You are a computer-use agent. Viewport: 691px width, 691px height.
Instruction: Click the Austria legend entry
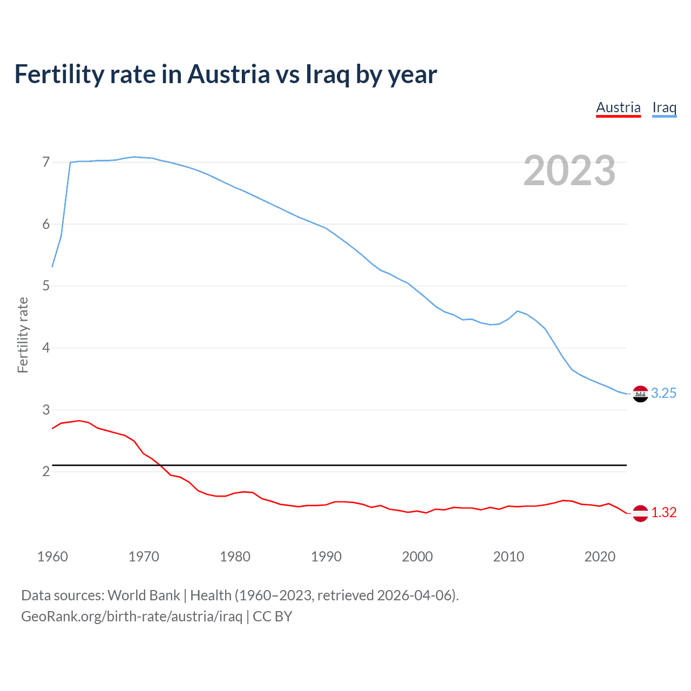(x=618, y=107)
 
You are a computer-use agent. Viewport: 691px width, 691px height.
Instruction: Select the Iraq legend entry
(x=664, y=107)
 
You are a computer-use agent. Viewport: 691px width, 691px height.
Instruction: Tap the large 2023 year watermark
(x=569, y=171)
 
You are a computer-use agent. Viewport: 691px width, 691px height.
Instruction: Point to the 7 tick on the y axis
(x=46, y=162)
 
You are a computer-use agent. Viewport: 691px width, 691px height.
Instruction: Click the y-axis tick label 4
(x=46, y=348)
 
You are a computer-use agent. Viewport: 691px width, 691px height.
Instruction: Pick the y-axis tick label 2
(x=46, y=471)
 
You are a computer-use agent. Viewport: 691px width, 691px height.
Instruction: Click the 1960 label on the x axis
(x=52, y=557)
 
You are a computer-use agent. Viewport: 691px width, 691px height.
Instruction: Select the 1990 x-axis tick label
(x=326, y=557)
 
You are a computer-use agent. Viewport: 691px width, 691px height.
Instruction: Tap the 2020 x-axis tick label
(x=600, y=557)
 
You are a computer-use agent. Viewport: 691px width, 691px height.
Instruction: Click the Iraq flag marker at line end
(x=640, y=394)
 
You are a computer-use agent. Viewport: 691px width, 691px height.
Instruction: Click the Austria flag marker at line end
(x=640, y=513)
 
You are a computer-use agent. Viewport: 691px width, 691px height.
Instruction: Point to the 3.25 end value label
(x=663, y=394)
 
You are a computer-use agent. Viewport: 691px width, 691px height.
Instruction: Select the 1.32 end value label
(x=663, y=513)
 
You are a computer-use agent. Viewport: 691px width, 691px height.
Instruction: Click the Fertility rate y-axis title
(x=23, y=335)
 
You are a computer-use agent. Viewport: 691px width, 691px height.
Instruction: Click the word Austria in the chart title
(x=228, y=74)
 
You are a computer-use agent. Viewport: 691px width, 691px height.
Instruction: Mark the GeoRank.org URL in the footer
(x=132, y=617)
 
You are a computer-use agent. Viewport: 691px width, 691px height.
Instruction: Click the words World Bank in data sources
(x=144, y=595)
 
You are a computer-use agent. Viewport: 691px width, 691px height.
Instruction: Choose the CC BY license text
(x=272, y=617)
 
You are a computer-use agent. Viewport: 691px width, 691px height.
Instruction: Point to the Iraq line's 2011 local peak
(x=518, y=311)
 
